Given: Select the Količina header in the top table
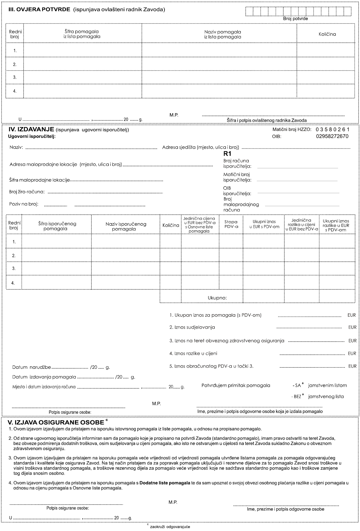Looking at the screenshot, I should click(327, 34).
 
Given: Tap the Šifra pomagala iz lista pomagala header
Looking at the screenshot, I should click(82, 34).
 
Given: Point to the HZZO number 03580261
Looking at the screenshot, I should click(333, 129).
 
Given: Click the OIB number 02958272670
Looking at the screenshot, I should click(332, 137).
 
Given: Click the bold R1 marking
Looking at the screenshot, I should click(227, 154).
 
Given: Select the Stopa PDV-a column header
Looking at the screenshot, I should click(231, 224).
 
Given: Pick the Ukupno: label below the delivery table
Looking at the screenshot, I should click(217, 298).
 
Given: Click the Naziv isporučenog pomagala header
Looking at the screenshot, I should click(126, 226).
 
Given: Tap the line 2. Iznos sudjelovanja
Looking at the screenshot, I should click(192, 327).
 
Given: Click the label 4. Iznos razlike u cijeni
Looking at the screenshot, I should click(193, 354).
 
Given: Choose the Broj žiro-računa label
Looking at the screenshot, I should click(27, 192).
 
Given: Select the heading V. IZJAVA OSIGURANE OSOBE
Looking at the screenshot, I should click(55, 422).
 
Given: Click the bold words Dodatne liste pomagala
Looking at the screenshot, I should click(165, 483).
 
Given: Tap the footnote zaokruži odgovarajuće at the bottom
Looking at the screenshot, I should click(170, 526).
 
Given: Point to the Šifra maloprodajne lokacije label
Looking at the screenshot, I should click(40, 180).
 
